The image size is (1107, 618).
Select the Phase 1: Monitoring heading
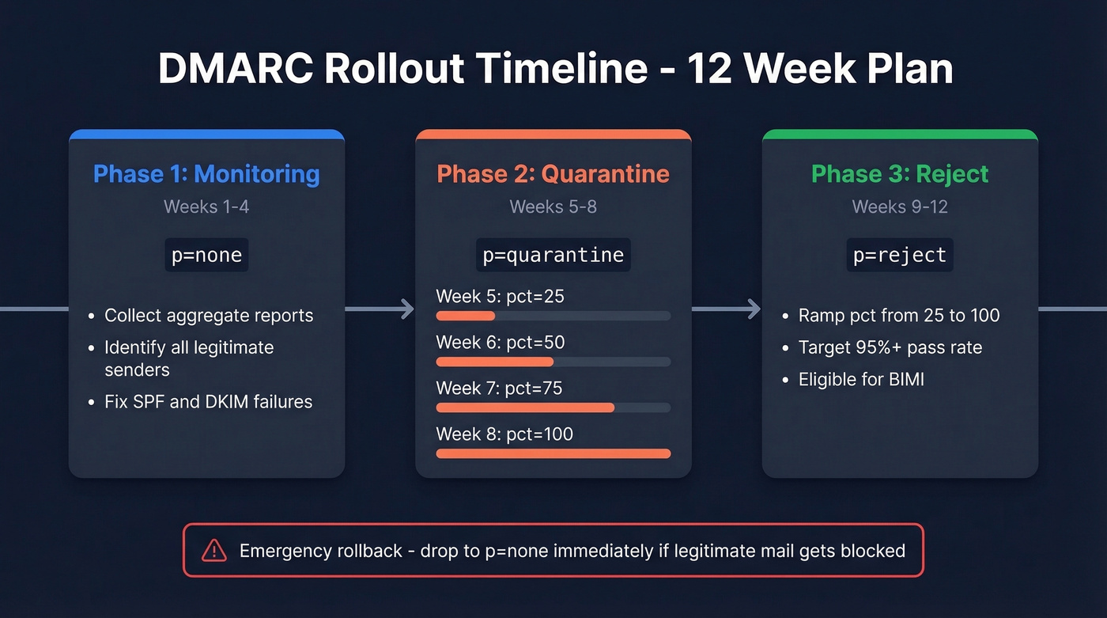coord(206,174)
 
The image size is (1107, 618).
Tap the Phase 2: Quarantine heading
coord(553,174)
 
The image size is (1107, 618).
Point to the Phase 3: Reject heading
coord(900,174)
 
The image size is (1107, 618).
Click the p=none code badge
coord(206,256)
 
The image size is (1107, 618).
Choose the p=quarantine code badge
coord(553,256)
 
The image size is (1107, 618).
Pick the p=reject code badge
coord(900,256)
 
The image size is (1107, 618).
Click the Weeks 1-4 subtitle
coord(206,207)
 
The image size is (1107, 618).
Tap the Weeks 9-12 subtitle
coord(900,207)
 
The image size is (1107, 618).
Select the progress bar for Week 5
coord(553,316)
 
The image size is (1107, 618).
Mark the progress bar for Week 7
coord(553,408)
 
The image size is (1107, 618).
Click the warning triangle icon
coord(214,551)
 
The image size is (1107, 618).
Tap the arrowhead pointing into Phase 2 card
coord(407,309)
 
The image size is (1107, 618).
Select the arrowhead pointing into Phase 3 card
coord(754,309)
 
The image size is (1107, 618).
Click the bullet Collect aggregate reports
coord(209,316)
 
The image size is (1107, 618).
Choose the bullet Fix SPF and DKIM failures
coord(208,402)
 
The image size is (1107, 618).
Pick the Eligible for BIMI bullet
coord(861,380)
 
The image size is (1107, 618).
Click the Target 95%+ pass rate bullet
coord(890,347)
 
